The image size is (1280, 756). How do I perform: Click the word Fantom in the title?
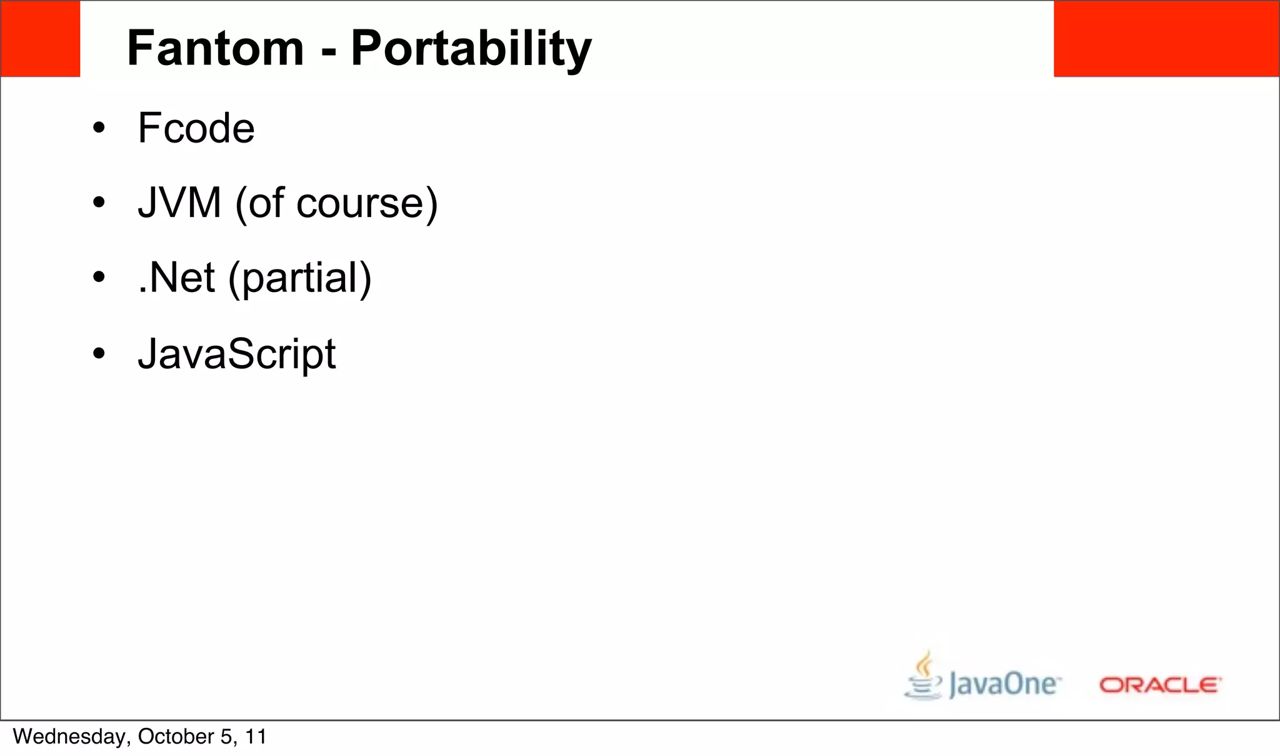click(x=215, y=48)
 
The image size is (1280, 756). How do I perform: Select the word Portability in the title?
click(x=471, y=48)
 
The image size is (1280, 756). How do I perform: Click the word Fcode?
click(x=196, y=128)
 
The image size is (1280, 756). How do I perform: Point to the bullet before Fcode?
click(x=99, y=129)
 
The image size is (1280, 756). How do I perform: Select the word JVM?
click(x=180, y=203)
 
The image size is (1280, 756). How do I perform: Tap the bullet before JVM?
click(x=99, y=203)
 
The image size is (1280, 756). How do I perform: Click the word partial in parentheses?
click(x=300, y=279)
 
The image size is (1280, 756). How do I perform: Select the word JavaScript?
click(x=237, y=354)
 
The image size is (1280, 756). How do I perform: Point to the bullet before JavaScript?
click(x=99, y=354)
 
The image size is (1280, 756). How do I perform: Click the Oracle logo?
click(x=1160, y=685)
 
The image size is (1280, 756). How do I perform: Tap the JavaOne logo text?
click(x=1004, y=684)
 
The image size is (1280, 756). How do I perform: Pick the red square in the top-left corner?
click(x=40, y=39)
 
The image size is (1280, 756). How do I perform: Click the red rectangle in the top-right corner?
click(x=1166, y=39)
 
